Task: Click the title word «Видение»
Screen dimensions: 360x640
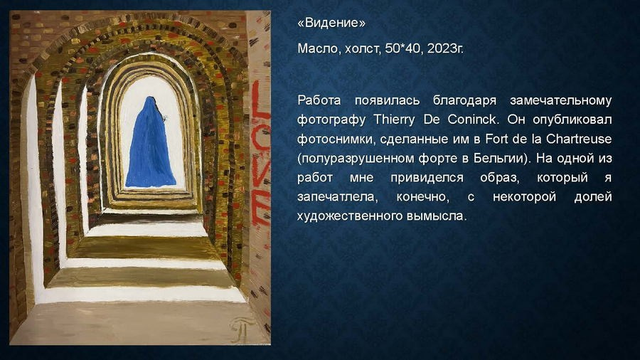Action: click(331, 23)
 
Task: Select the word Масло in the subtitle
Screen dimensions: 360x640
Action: click(316, 50)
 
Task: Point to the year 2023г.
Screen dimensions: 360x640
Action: click(446, 50)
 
